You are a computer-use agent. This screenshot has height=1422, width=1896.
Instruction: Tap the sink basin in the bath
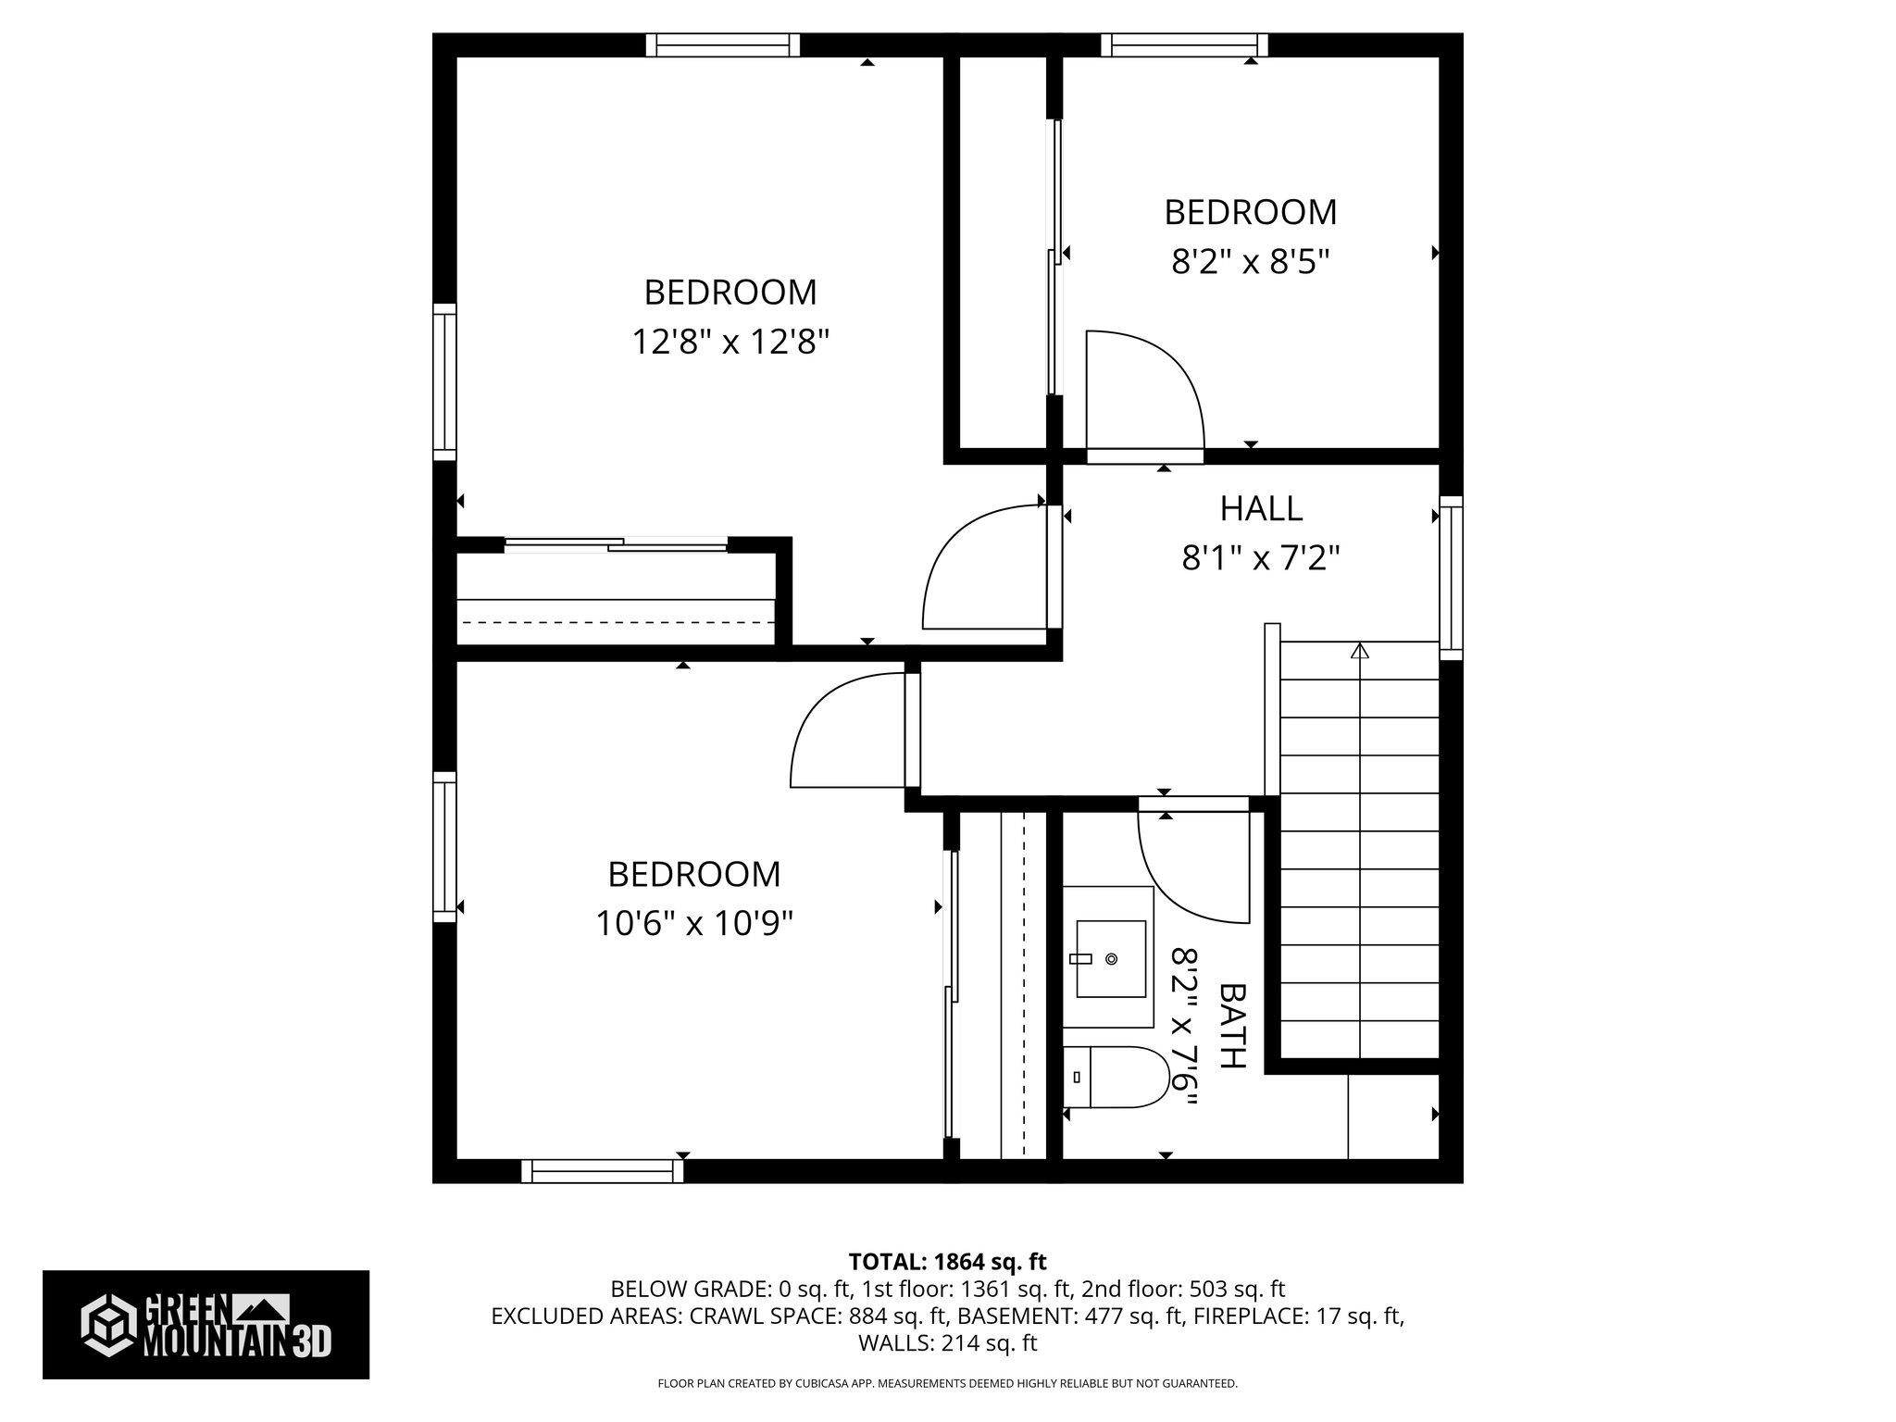pyautogui.click(x=1111, y=958)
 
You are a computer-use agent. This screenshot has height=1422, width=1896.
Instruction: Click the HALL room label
pyautogui.click(x=1261, y=508)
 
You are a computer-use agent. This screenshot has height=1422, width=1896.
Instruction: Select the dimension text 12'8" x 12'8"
pyautogui.click(x=730, y=343)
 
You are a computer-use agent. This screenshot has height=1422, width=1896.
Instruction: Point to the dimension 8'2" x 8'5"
pyautogui.click(x=1250, y=262)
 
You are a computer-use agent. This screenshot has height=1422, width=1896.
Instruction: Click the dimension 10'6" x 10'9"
pyautogui.click(x=694, y=923)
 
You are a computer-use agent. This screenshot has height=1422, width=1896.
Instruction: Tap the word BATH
pyautogui.click(x=1233, y=1026)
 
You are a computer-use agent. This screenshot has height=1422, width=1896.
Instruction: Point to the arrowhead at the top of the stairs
pyautogui.click(x=1359, y=651)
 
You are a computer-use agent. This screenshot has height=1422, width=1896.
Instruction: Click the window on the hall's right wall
pyautogui.click(x=1451, y=578)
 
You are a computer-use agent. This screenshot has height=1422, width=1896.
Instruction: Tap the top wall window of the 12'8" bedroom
pyautogui.click(x=722, y=44)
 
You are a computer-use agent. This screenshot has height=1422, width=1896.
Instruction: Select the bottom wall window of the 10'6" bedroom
pyautogui.click(x=602, y=1171)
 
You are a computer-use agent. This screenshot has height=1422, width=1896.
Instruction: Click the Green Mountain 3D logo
pyautogui.click(x=206, y=1325)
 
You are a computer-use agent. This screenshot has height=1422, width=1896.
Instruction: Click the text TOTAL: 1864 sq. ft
pyautogui.click(x=947, y=1261)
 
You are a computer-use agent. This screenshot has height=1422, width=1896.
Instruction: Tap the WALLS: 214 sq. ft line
pyautogui.click(x=947, y=1342)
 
